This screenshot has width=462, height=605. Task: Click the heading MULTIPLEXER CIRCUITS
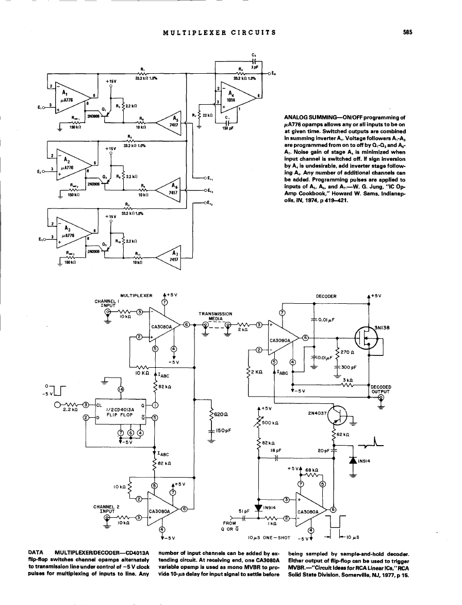click(219, 32)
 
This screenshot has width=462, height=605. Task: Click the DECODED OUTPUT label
click(381, 388)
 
